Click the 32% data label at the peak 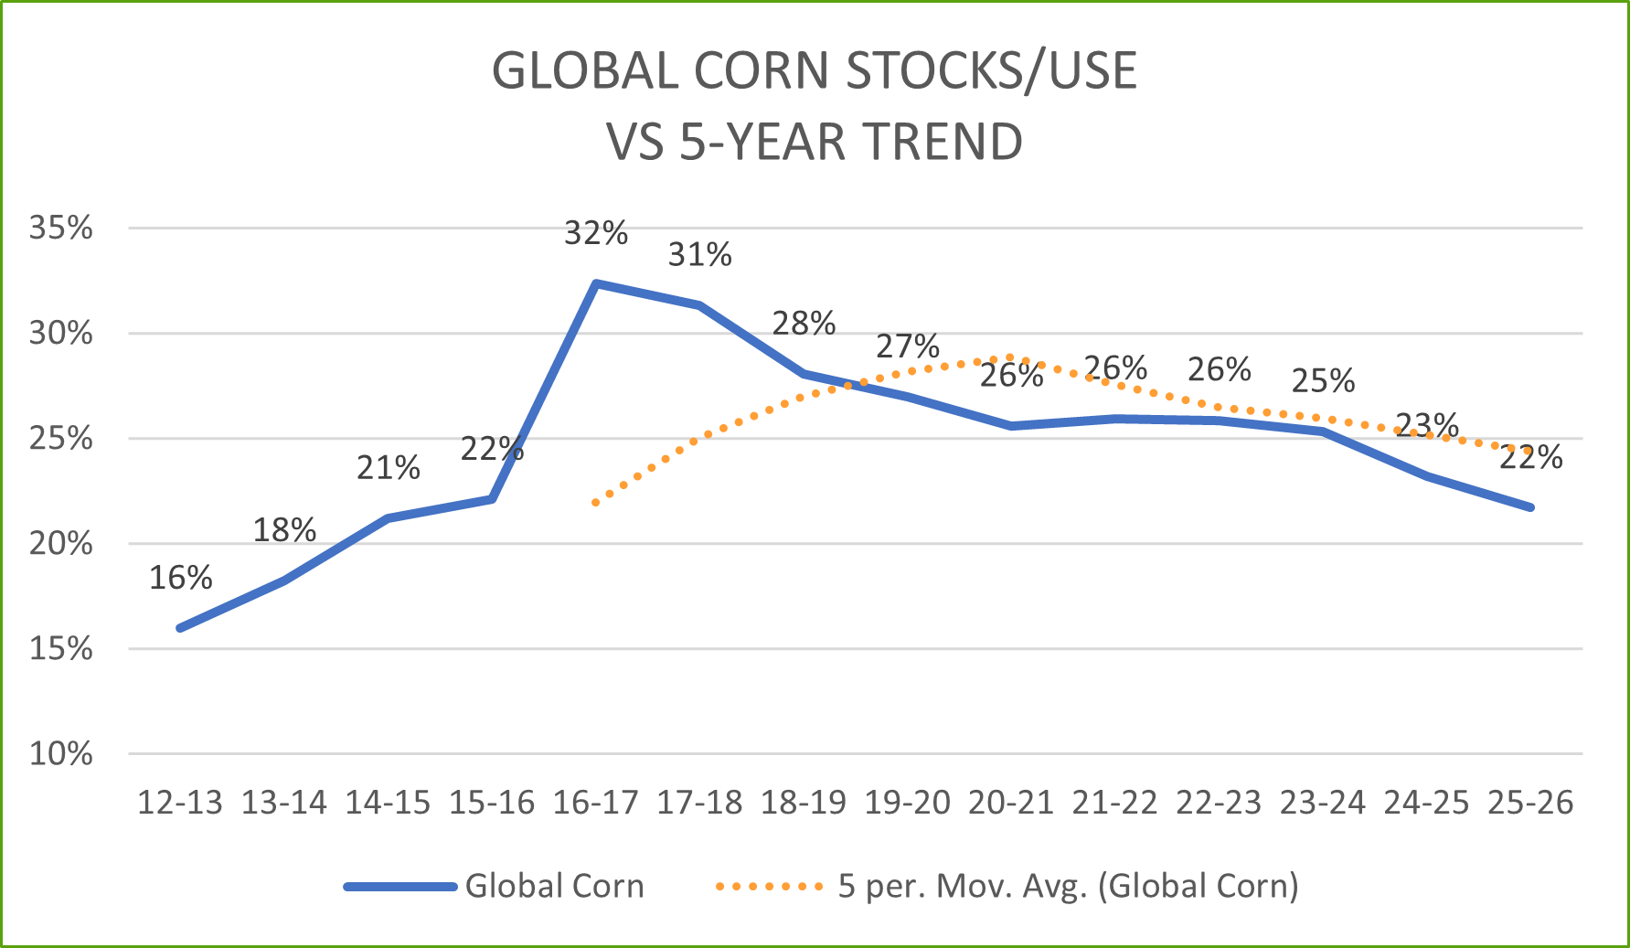pyautogui.click(x=596, y=233)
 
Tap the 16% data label pyautogui.click(x=180, y=578)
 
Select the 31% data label pyautogui.click(x=699, y=254)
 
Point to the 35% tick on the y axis pyautogui.click(x=60, y=228)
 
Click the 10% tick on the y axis pyautogui.click(x=60, y=754)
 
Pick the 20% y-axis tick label pyautogui.click(x=60, y=544)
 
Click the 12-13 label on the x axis pyautogui.click(x=180, y=803)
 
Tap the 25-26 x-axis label pyautogui.click(x=1530, y=803)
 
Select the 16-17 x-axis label pyautogui.click(x=596, y=803)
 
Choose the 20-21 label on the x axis pyautogui.click(x=1011, y=803)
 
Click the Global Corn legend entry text pyautogui.click(x=554, y=886)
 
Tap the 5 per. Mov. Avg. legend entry pyautogui.click(x=1068, y=886)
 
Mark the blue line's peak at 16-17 pyautogui.click(x=596, y=283)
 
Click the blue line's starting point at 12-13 pyautogui.click(x=180, y=628)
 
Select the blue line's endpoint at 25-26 pyautogui.click(x=1530, y=507)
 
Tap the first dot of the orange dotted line pyautogui.click(x=596, y=503)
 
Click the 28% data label pyautogui.click(x=804, y=323)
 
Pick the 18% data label pyautogui.click(x=284, y=530)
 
